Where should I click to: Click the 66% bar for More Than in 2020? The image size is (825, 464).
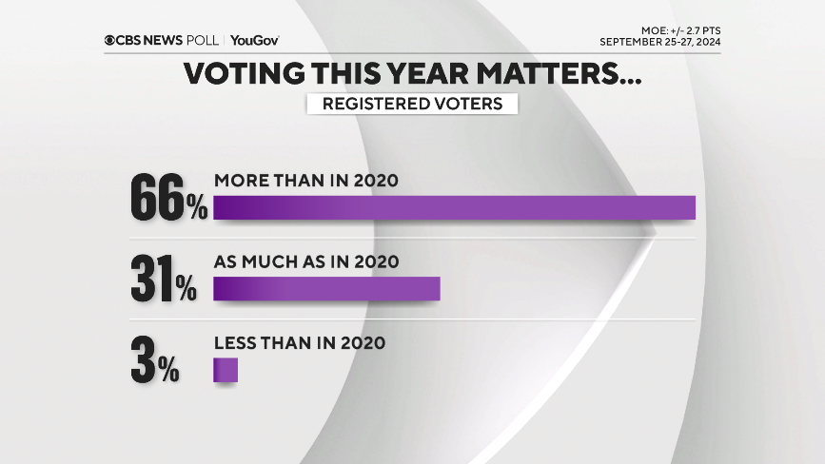tap(454, 207)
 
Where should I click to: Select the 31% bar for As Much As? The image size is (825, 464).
tap(326, 289)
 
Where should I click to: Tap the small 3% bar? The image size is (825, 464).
tap(225, 370)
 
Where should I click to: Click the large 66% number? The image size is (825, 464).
tap(168, 198)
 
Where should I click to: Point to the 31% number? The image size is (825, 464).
tap(163, 279)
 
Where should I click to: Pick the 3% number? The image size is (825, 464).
tap(155, 359)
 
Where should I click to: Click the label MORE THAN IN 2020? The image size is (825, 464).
tap(304, 181)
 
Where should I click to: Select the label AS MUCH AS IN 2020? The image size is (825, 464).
tap(304, 261)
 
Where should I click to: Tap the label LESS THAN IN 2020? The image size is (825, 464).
tap(300, 343)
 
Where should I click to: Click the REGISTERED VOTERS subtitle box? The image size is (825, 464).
tap(412, 104)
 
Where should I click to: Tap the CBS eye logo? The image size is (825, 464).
tap(111, 40)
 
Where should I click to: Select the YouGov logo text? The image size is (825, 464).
tap(254, 40)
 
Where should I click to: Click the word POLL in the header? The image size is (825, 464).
tap(202, 40)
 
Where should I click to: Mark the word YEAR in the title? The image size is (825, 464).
tap(443, 74)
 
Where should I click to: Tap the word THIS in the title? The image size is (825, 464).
tap(349, 74)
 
